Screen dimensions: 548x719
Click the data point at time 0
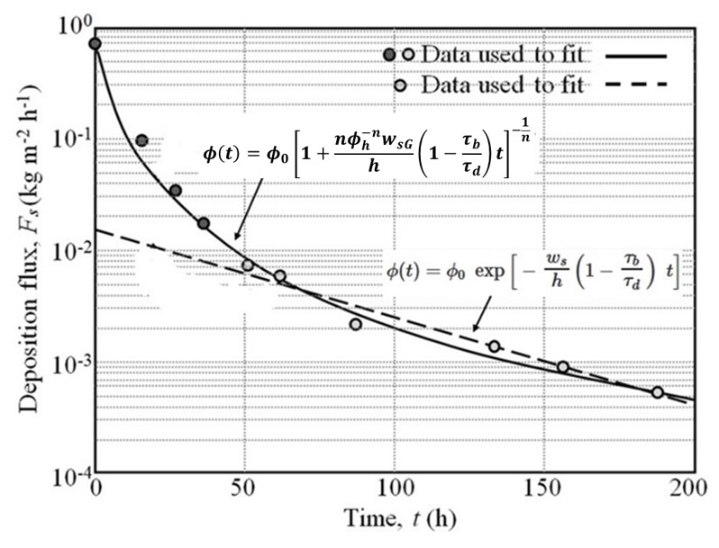tap(96, 43)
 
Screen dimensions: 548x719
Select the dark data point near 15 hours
tap(141, 140)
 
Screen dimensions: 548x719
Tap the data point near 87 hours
tap(356, 324)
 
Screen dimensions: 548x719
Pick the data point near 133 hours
tap(494, 346)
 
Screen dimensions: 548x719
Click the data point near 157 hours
tap(563, 367)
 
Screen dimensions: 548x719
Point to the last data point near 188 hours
tap(658, 392)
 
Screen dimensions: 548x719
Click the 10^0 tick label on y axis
tap(72, 23)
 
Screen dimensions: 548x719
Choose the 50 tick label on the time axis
tap(244, 494)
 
